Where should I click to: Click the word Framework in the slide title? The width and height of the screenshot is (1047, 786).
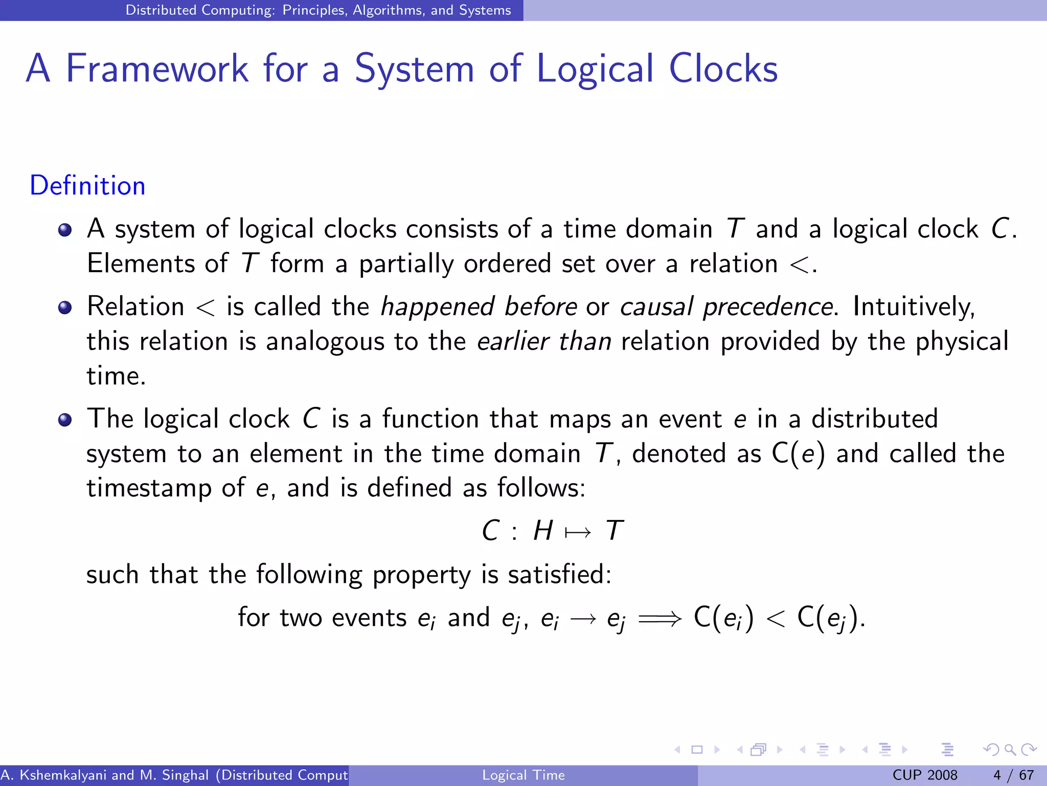pyautogui.click(x=157, y=69)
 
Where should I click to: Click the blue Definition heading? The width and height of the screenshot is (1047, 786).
pyautogui.click(x=87, y=185)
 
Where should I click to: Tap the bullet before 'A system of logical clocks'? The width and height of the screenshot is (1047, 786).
pyautogui.click(x=65, y=230)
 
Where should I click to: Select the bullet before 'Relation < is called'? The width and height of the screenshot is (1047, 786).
pyautogui.click(x=65, y=308)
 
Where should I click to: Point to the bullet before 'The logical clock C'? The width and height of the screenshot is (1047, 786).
pyautogui.click(x=65, y=420)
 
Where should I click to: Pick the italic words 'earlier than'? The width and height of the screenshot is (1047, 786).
pyautogui.click(x=544, y=341)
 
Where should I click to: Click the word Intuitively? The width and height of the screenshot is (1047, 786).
pyautogui.click(x=913, y=307)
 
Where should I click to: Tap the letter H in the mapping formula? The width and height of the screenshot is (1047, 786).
pyautogui.click(x=543, y=531)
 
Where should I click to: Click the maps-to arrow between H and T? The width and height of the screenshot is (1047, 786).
pyautogui.click(x=578, y=533)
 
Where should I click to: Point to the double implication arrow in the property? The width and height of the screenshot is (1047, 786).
pyautogui.click(x=660, y=619)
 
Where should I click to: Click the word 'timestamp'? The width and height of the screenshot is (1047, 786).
pyautogui.click(x=149, y=488)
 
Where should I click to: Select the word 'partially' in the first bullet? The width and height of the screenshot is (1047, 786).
pyautogui.click(x=406, y=264)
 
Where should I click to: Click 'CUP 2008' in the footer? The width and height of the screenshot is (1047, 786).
pyautogui.click(x=924, y=775)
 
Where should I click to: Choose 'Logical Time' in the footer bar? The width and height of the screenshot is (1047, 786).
pyautogui.click(x=523, y=775)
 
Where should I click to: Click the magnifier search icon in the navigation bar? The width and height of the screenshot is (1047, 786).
pyautogui.click(x=1010, y=750)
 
